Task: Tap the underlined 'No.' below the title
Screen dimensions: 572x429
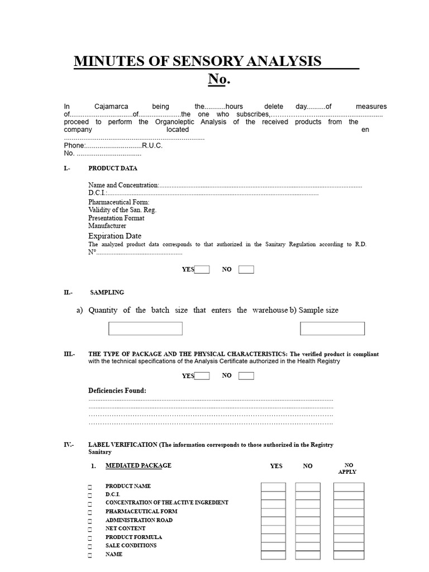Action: click(x=219, y=79)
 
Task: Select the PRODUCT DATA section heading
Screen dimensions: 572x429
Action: click(x=113, y=168)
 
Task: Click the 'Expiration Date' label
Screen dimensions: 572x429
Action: click(x=115, y=236)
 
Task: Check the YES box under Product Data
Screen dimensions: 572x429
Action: click(x=202, y=270)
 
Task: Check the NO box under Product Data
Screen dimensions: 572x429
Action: click(x=246, y=270)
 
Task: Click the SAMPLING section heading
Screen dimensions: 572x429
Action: click(x=107, y=292)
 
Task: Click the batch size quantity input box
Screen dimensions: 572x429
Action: click(x=145, y=328)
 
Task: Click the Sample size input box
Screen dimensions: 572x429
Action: click(x=332, y=328)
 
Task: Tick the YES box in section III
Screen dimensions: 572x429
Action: click(x=202, y=376)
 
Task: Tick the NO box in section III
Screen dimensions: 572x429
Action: click(x=246, y=376)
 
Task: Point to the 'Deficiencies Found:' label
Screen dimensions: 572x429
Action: click(x=117, y=390)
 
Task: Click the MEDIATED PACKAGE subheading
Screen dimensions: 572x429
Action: click(x=139, y=465)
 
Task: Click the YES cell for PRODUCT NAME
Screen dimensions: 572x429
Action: click(x=273, y=487)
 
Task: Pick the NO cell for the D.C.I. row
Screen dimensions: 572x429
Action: click(x=308, y=495)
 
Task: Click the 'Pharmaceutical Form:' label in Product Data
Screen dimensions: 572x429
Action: click(x=119, y=202)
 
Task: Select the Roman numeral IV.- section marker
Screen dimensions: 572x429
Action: click(x=69, y=445)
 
